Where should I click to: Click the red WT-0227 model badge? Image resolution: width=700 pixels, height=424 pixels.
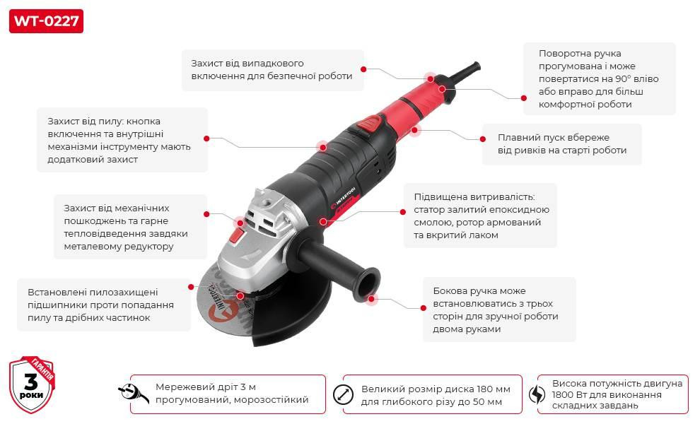click(x=47, y=21)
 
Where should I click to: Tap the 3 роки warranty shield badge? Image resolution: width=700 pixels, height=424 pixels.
click(x=32, y=385)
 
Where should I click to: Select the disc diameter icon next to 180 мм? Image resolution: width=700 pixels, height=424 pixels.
click(x=343, y=394)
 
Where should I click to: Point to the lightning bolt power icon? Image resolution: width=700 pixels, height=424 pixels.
click(x=537, y=394)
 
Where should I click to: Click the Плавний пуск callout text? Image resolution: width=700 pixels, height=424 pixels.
click(x=561, y=144)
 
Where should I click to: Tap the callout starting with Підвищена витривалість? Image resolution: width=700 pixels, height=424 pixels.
click(x=481, y=216)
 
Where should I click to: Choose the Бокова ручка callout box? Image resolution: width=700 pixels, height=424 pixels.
click(x=499, y=310)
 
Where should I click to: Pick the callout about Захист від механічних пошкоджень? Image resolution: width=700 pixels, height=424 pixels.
click(x=131, y=228)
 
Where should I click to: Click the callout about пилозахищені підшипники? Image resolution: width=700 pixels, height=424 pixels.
click(x=104, y=305)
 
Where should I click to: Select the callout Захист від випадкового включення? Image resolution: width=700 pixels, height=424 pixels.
click(x=272, y=70)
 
